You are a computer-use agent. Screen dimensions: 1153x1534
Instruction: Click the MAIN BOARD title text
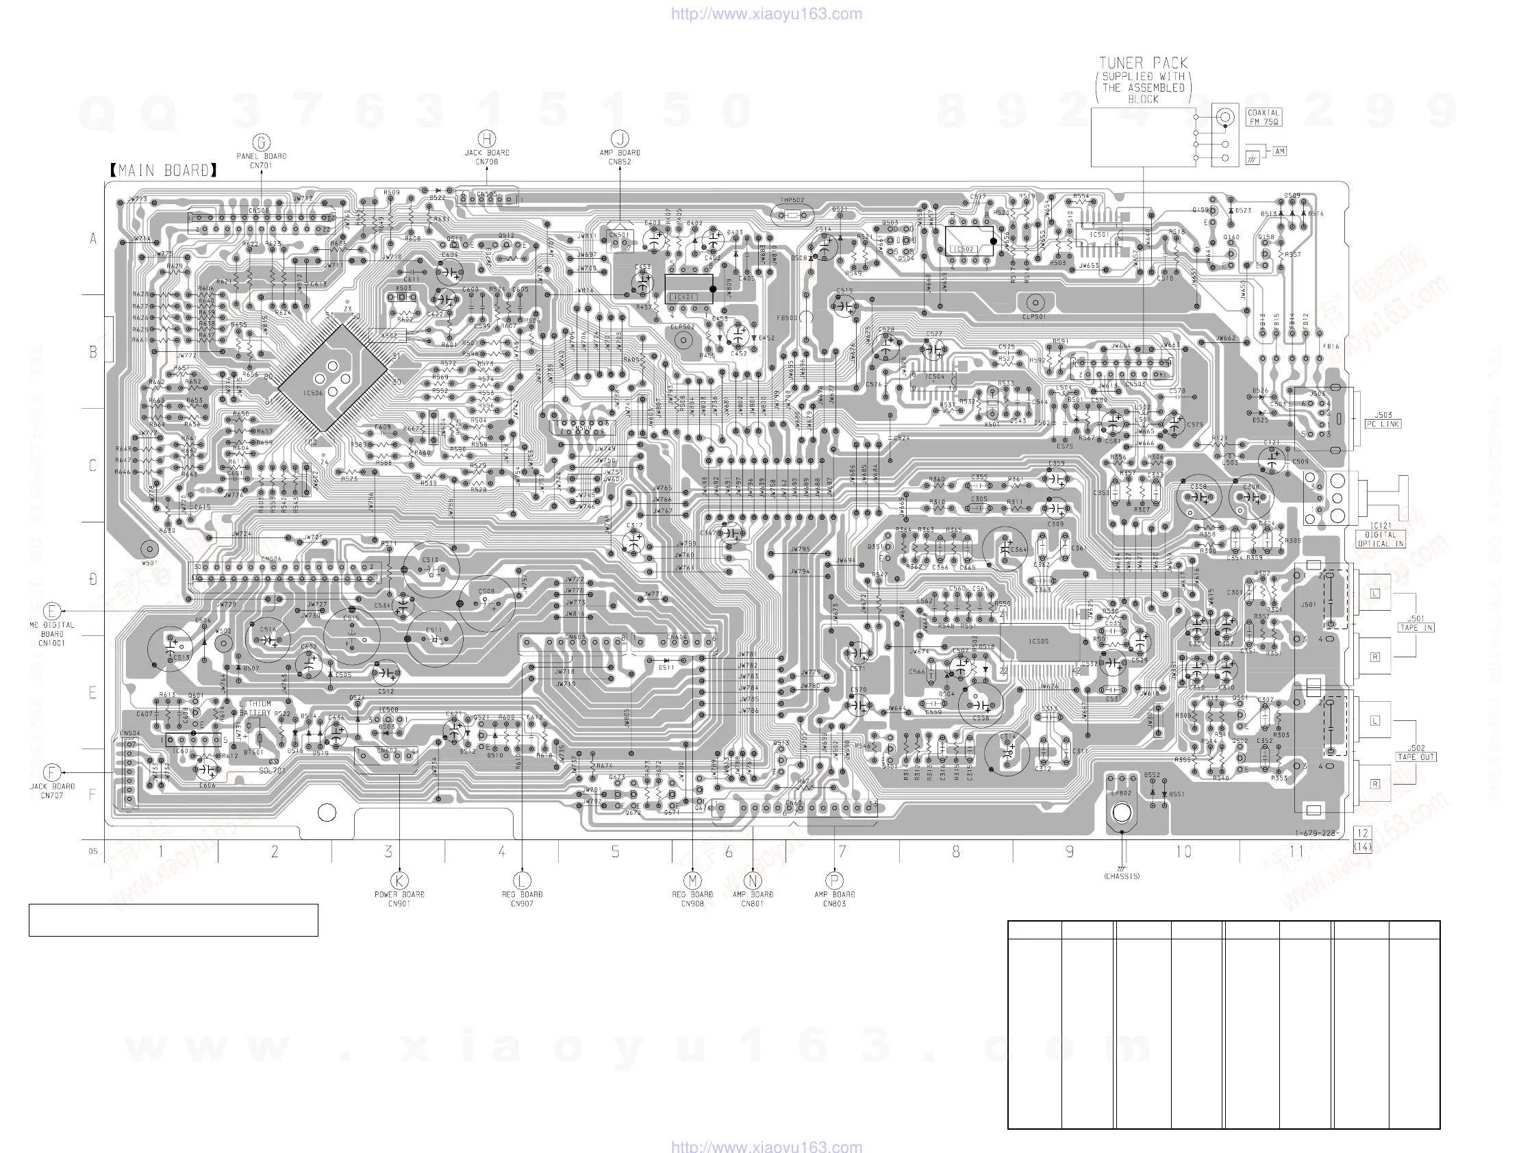[164, 170]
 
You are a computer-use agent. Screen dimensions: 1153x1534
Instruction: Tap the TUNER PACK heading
[1143, 63]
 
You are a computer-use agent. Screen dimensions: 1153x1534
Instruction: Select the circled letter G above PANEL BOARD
[262, 143]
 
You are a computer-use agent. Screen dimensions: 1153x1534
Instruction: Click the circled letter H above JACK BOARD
[487, 139]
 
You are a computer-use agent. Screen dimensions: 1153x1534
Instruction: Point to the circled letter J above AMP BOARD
[620, 139]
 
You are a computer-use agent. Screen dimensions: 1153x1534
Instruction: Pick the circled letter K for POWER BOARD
[399, 880]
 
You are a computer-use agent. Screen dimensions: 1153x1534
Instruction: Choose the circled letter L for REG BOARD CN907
[523, 880]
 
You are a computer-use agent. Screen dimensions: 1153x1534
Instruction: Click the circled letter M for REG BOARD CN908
[693, 880]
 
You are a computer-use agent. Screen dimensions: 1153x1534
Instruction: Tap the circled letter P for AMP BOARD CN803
[834, 880]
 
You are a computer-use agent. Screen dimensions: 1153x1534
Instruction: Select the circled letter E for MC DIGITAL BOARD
[52, 611]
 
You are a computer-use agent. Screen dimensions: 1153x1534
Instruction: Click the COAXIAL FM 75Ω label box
[1263, 117]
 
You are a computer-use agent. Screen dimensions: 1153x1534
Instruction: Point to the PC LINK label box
[1383, 424]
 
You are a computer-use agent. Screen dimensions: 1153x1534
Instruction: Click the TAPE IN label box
[1416, 627]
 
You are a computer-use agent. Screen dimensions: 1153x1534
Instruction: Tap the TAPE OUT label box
[1416, 757]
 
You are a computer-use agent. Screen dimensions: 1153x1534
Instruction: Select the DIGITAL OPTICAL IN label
[1380, 540]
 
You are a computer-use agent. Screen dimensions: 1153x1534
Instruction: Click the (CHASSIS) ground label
[1121, 876]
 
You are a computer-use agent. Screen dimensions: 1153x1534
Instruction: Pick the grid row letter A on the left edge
[93, 239]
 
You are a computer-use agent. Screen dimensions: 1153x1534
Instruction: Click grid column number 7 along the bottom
[842, 852]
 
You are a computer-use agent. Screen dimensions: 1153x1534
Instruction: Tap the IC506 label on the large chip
[313, 393]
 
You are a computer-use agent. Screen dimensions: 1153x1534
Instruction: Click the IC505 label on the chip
[1038, 642]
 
